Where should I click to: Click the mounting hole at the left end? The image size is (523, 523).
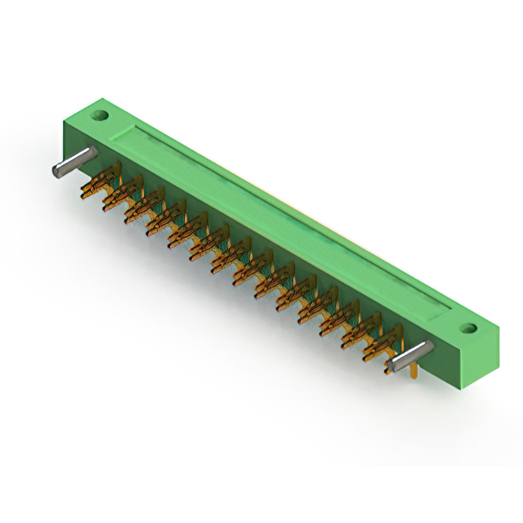tap(101, 114)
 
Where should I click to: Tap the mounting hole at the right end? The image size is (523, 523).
tap(467, 329)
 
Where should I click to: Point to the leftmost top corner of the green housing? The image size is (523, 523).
tap(65, 123)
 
